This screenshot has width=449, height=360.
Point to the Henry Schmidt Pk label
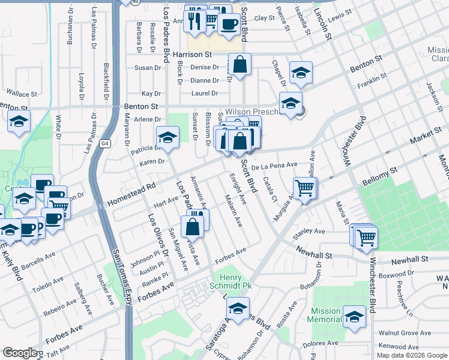point(231,281)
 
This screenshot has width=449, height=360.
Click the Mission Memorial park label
point(325,316)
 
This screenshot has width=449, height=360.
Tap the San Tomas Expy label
point(120,277)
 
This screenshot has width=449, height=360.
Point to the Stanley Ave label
point(309,231)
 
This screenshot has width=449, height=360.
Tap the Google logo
point(20,353)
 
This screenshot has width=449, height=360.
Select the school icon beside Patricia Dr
point(167,137)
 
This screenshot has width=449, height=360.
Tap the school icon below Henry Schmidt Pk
point(238,309)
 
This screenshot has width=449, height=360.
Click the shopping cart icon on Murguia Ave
point(305,188)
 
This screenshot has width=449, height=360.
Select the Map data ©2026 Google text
point(411,355)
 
